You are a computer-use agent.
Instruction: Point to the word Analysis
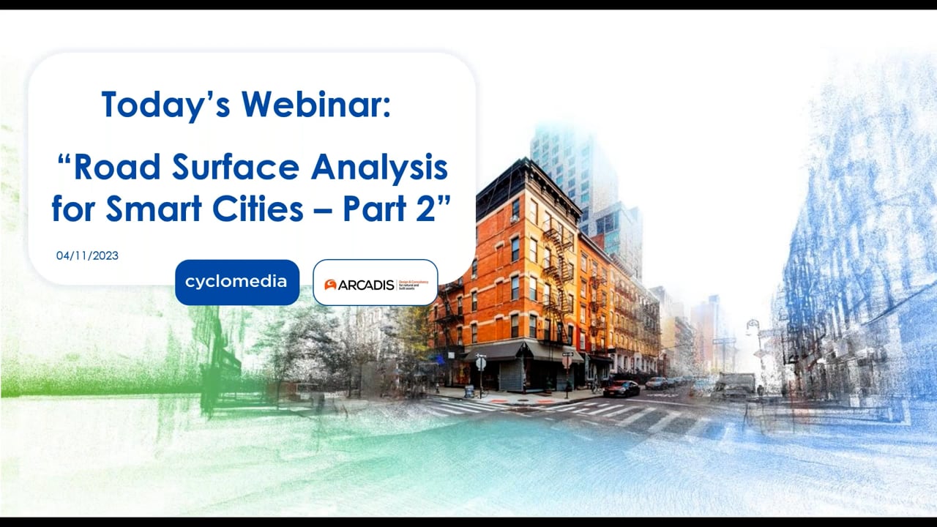coord(379,168)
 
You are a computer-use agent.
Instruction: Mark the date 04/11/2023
coord(87,255)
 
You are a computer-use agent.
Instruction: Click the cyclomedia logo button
coord(236,282)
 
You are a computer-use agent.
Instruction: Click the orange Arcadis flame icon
coord(330,285)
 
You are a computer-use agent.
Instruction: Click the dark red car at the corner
coord(621,389)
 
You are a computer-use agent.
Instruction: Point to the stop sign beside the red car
coord(567,361)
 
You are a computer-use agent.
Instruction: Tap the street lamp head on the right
coord(752,324)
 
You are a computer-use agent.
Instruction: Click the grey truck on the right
coord(734,386)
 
